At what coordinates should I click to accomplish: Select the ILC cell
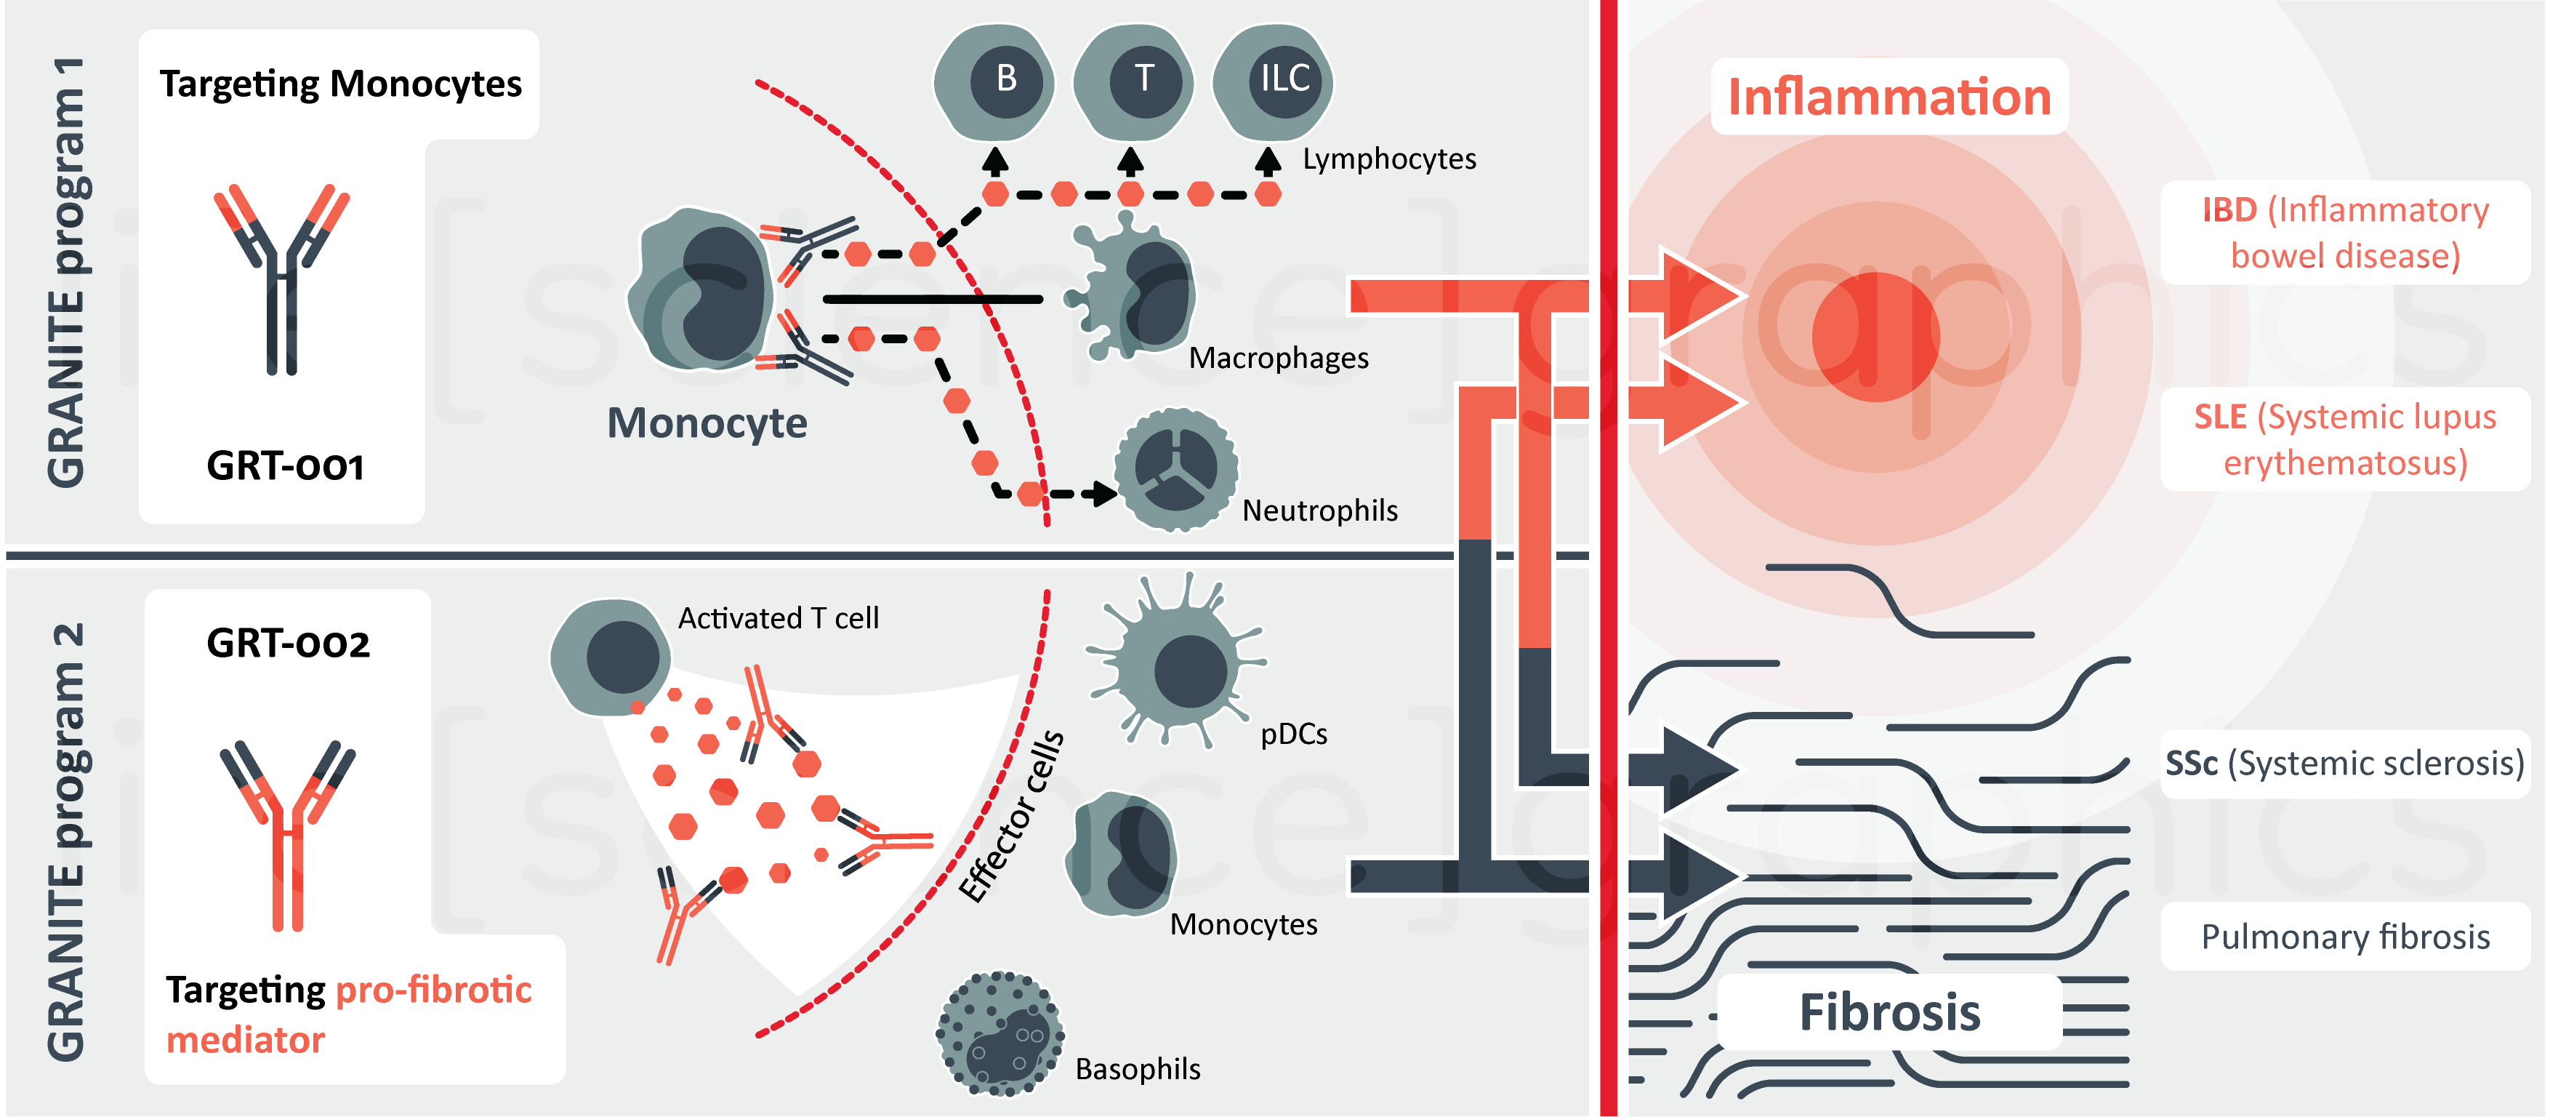pos(1274,81)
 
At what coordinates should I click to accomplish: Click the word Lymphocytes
pos(1389,159)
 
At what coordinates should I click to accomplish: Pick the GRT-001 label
pos(285,465)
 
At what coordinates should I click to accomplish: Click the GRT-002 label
pos(288,644)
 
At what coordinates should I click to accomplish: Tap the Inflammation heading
pos(1889,97)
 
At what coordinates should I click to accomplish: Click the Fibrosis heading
pos(1889,1012)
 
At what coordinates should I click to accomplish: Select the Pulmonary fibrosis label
pos(2344,937)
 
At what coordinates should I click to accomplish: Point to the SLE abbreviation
pos(2219,417)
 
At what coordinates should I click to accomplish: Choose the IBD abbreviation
pos(2228,210)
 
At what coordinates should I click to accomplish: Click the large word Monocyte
pos(707,423)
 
